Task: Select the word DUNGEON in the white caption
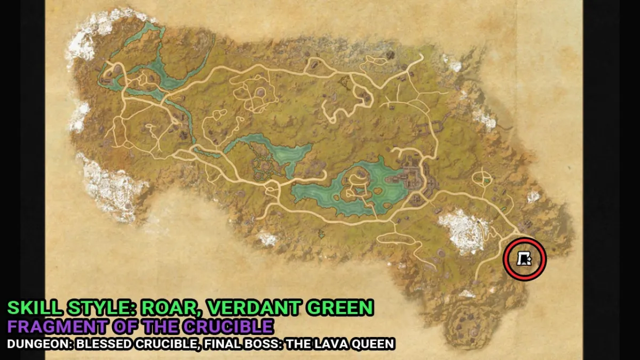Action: point(35,344)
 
